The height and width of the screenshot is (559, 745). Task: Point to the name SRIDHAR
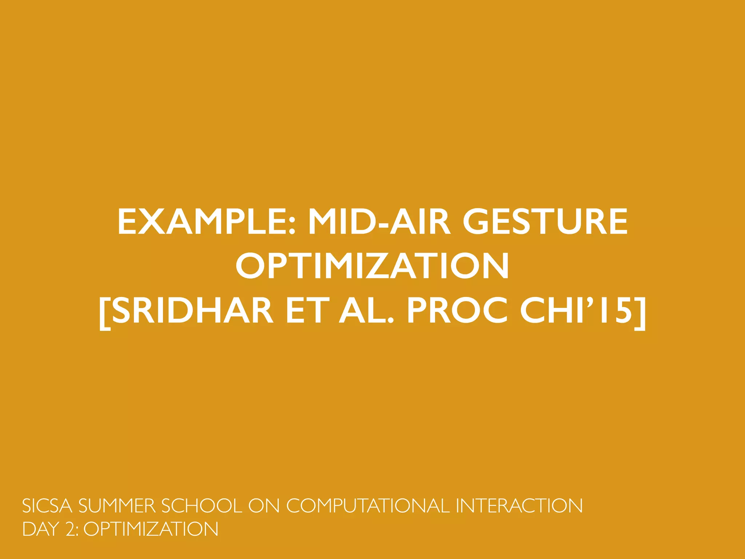coord(192,310)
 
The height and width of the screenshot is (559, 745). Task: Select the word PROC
coord(457,310)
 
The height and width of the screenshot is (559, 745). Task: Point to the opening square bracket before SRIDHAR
coord(105,312)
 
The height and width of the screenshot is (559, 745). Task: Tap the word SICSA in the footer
coord(47,506)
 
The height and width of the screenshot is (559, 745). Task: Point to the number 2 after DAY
coord(70,529)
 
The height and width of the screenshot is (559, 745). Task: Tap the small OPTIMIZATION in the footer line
coord(151,529)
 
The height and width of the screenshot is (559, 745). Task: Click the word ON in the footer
coord(264,506)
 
